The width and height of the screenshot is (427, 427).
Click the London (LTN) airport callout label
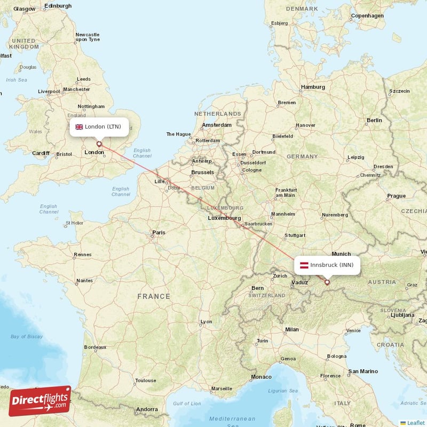(x=99, y=127)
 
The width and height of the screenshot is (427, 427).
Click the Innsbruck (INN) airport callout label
(x=327, y=265)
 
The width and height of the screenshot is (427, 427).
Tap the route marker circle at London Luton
(x=99, y=144)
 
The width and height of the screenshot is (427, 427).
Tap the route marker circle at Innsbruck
(x=327, y=282)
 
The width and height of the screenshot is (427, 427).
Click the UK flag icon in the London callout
(x=79, y=127)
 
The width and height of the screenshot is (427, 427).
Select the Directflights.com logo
(x=40, y=401)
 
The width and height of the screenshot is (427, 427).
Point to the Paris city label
(x=159, y=233)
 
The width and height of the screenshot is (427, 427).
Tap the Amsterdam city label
(x=216, y=125)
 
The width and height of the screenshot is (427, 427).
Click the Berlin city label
(x=374, y=121)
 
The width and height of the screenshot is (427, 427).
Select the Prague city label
(x=396, y=196)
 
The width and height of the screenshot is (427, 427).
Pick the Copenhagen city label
(x=367, y=16)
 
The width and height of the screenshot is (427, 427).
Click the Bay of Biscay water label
(x=26, y=337)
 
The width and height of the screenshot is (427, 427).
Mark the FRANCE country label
(x=154, y=296)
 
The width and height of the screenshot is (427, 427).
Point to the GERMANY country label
(x=302, y=157)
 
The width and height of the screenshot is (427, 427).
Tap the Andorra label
(x=147, y=410)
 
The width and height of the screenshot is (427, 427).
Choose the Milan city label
(x=292, y=330)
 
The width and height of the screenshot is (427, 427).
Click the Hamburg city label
(x=313, y=87)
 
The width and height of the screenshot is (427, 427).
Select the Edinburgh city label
(x=58, y=6)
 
